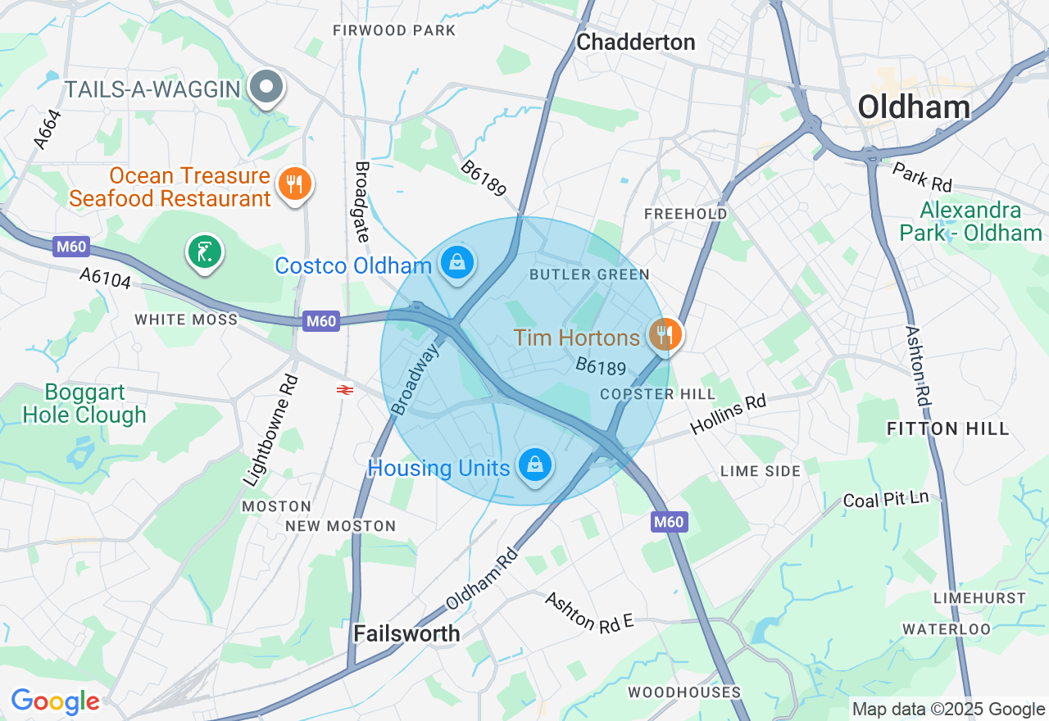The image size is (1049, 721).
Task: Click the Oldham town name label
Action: [x=914, y=107]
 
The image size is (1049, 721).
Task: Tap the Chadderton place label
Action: [x=635, y=43]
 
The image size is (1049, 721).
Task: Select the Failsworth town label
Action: [x=406, y=633]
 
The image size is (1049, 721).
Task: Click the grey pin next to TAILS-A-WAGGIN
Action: [x=266, y=86]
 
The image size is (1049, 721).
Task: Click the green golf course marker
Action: [x=203, y=252]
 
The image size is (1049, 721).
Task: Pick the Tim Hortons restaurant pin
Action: [x=665, y=334]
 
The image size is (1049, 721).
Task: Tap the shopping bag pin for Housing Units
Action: [x=534, y=465]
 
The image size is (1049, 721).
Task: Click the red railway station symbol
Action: [x=345, y=390]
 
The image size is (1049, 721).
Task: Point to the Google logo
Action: [x=55, y=701]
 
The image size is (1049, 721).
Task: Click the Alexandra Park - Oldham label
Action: [x=970, y=221]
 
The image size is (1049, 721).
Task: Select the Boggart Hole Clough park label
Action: [x=84, y=403]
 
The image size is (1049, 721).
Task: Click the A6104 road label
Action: [x=105, y=278]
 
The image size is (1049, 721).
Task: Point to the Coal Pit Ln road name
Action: [x=886, y=499]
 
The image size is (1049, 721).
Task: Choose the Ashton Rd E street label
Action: [x=590, y=611]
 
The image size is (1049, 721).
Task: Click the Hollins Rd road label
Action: [x=728, y=414]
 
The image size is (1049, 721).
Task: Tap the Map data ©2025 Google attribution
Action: [x=948, y=710]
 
